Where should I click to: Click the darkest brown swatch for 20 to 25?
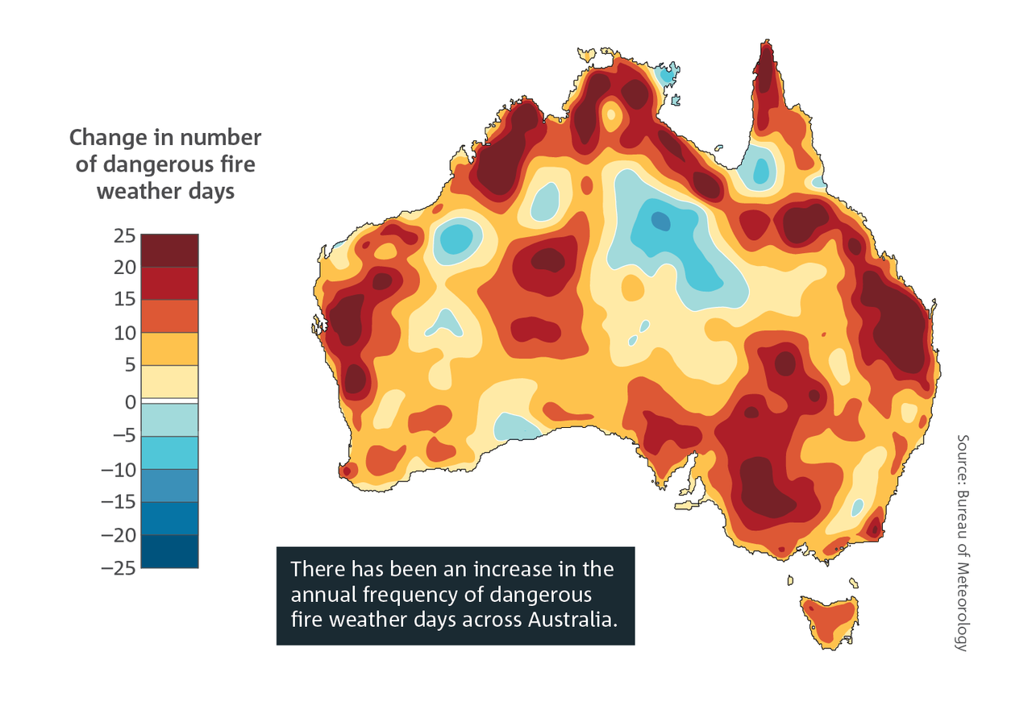[x=169, y=251]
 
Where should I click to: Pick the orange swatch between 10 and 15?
[x=169, y=317]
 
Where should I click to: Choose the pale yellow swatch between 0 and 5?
[x=169, y=381]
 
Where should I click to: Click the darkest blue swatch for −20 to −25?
[x=169, y=552]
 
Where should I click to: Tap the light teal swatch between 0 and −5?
[x=169, y=419]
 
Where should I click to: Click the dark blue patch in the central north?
[x=661, y=220]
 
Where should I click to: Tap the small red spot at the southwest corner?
[x=347, y=471]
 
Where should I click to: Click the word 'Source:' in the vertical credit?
[x=961, y=458]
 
